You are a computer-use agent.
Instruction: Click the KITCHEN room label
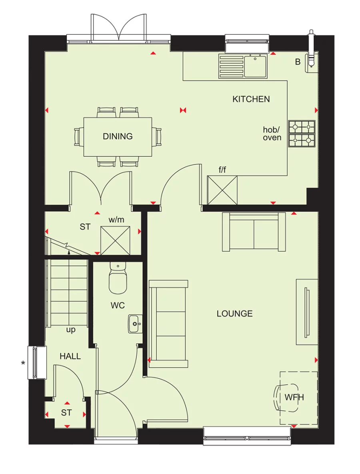251,99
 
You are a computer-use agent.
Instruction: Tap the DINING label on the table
118,136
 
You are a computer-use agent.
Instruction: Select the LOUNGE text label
235,314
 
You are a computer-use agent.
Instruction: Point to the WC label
118,306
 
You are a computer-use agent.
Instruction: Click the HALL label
70,356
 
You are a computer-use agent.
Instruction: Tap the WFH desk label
294,397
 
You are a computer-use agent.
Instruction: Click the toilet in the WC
118,278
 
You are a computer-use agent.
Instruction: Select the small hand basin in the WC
134,324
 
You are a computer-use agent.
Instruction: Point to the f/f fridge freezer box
222,190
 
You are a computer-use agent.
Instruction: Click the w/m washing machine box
116,240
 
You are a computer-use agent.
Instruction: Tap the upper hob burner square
302,127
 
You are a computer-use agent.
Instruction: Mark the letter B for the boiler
298,62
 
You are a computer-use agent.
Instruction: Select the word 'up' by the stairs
71,330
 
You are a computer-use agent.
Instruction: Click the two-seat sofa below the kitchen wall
254,232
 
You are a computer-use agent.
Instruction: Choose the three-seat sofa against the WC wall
168,324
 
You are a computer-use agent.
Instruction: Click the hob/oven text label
272,134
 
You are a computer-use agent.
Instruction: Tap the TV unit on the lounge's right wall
307,312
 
